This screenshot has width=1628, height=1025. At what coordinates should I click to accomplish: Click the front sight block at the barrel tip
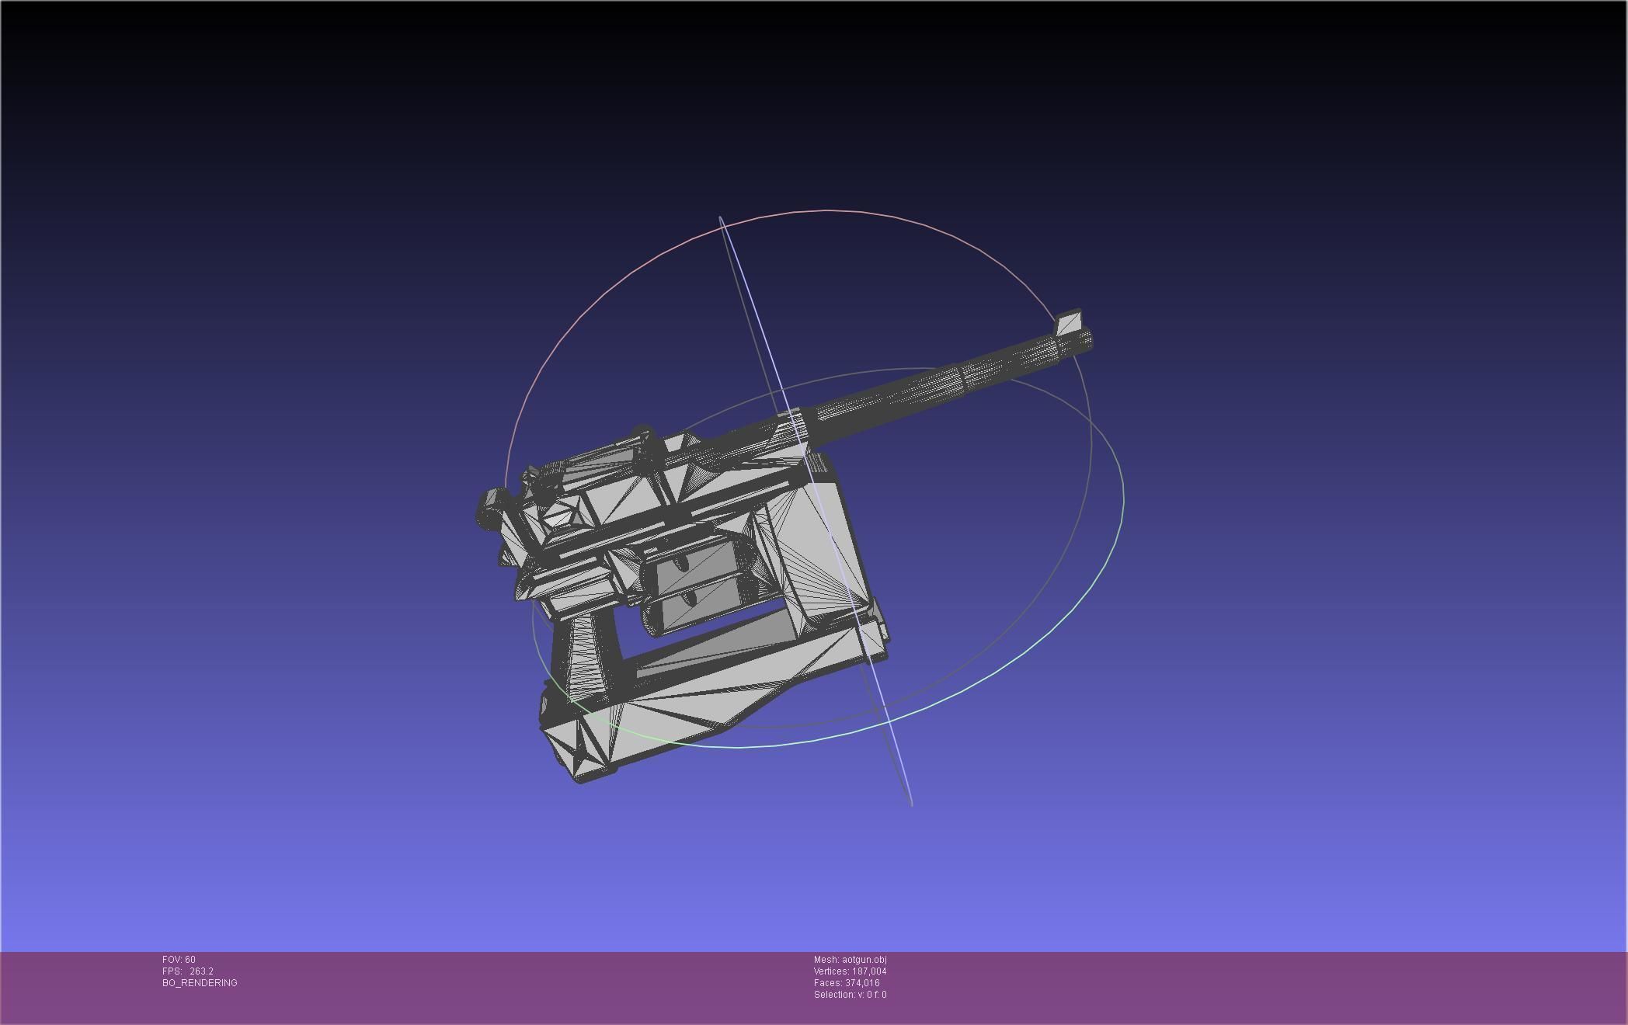1068,322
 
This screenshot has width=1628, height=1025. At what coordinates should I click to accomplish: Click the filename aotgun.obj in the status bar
864,960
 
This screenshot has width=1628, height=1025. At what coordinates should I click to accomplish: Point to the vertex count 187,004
869,971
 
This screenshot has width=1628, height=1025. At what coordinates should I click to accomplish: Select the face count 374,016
862,983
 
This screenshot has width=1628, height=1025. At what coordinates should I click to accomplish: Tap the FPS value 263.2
201,971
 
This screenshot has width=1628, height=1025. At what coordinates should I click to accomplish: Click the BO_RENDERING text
200,983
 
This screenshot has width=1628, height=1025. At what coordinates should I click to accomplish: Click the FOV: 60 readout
179,960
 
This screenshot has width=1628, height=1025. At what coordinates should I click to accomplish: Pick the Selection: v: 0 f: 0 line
850,995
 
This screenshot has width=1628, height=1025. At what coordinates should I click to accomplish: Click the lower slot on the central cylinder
690,599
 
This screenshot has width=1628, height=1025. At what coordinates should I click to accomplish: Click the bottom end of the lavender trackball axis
910,803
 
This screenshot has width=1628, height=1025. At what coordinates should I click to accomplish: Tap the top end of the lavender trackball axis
722,220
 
